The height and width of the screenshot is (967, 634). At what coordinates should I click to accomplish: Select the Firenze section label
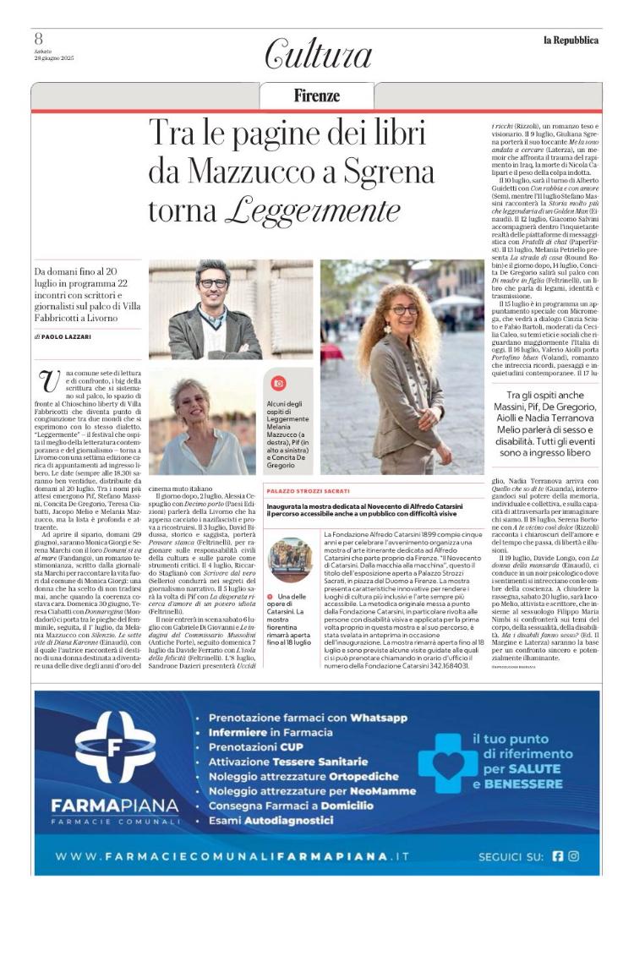tap(317, 96)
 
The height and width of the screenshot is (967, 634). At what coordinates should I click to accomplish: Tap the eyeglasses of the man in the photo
tap(213, 282)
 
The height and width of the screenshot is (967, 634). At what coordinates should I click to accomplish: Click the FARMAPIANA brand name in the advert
tap(115, 806)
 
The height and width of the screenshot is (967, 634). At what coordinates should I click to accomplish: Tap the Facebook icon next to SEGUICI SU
tap(557, 856)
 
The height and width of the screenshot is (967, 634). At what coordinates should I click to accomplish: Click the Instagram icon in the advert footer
tap(574, 856)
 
